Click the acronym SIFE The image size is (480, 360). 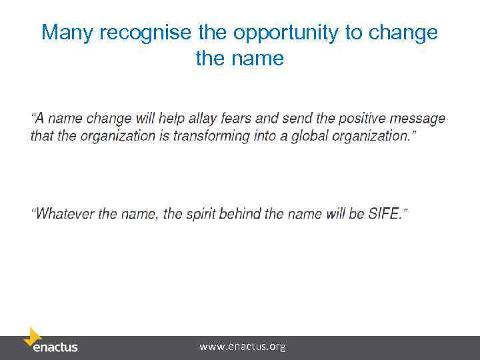(385, 214)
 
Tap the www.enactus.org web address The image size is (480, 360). (242, 347)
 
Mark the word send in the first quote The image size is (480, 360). (296, 119)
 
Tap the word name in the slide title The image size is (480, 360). (257, 58)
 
